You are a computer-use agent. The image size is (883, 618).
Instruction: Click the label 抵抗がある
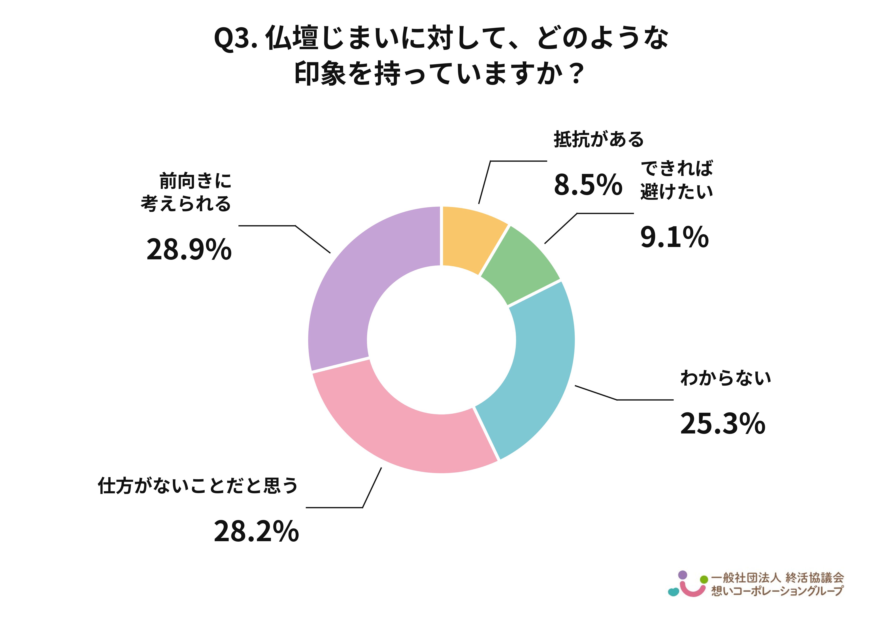click(x=598, y=139)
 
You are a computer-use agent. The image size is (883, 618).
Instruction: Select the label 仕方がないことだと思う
click(x=198, y=486)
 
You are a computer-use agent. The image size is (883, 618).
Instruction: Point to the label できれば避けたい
click(x=676, y=180)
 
